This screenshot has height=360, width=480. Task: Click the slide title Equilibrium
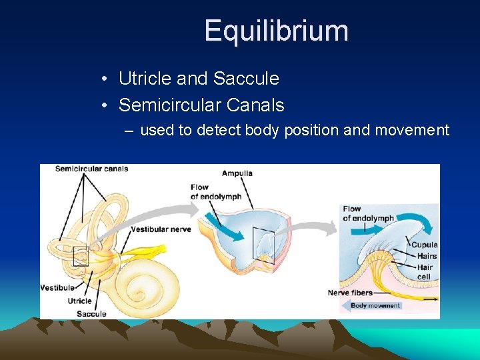point(276,31)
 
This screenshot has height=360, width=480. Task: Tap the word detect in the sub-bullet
point(219,130)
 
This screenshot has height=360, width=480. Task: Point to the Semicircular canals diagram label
point(91,169)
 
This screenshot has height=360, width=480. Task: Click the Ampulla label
point(237,173)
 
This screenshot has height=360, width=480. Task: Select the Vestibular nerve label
point(161,229)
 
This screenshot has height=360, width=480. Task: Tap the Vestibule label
point(57,288)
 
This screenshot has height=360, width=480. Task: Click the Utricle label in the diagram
point(79,301)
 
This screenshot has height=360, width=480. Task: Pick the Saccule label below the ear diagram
point(91,313)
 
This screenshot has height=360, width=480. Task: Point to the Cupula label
point(424,245)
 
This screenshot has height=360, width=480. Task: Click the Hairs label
point(427,256)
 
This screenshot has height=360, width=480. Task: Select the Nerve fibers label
point(349,293)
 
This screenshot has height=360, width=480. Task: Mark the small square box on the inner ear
point(81,256)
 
